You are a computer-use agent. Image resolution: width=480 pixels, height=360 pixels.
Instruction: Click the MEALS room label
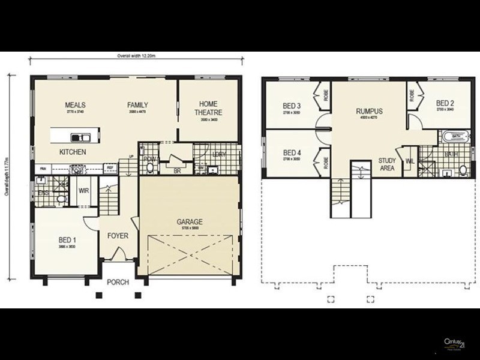pos(76,105)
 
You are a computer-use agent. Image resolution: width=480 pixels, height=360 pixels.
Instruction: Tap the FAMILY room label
pos(137,105)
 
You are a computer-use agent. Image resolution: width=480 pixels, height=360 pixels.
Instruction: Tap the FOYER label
pos(118,236)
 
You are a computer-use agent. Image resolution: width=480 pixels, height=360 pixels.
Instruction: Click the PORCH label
pos(118,282)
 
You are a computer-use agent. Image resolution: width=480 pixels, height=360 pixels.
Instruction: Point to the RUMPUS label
pos(369,111)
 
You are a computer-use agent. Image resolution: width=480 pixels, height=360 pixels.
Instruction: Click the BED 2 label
pos(444,103)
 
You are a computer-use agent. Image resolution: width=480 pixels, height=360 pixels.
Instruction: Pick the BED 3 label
pos(292,107)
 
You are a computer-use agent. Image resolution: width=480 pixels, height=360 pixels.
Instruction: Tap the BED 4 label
pos(292,152)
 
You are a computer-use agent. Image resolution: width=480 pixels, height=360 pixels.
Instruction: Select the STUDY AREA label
pos(386,164)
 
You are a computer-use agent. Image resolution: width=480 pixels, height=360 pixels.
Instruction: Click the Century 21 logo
pos(455,344)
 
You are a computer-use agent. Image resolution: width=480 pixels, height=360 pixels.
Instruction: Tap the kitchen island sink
pos(79,136)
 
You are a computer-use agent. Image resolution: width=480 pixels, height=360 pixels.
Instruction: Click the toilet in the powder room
pos(149,169)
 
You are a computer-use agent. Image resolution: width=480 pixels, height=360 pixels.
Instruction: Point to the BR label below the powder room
pos(178,170)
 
